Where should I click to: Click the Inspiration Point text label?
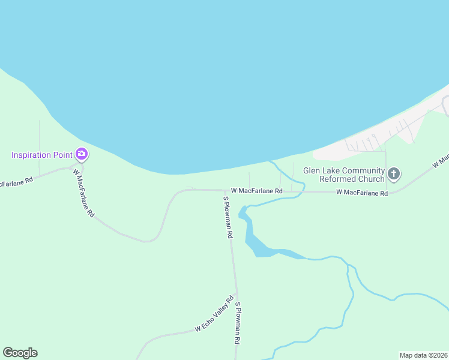click(x=42, y=155)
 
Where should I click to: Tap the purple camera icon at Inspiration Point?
click(x=82, y=155)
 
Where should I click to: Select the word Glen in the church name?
click(x=313, y=170)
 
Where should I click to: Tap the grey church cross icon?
click(x=394, y=175)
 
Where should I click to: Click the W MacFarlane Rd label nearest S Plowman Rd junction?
click(x=256, y=191)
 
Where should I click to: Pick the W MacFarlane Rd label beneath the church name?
click(x=362, y=193)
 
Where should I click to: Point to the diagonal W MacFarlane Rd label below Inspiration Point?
click(x=83, y=193)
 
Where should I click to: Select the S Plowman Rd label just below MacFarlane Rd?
click(x=228, y=217)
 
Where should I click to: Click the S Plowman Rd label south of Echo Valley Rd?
click(x=238, y=322)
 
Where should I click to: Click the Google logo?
click(x=20, y=353)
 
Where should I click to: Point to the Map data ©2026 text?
click(x=423, y=355)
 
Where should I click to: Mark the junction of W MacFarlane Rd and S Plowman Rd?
click(x=224, y=190)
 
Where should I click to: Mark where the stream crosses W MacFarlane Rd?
click(x=302, y=191)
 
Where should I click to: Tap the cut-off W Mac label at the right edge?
click(x=441, y=160)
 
